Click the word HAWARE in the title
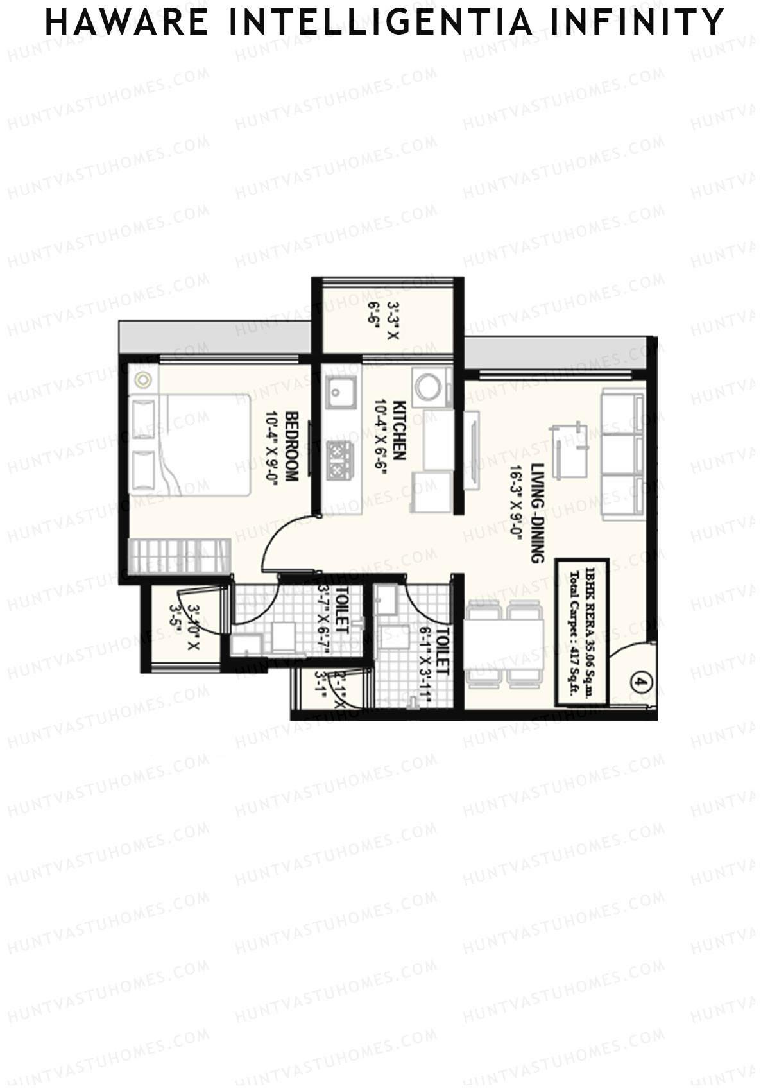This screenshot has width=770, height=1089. click(x=127, y=22)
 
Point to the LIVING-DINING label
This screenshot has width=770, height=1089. click(x=538, y=513)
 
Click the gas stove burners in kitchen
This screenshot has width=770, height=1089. click(x=338, y=459)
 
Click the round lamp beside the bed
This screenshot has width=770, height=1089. click(x=143, y=380)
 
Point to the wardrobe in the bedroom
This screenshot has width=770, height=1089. click(x=179, y=556)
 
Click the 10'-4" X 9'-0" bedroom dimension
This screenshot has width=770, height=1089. click(x=270, y=449)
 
